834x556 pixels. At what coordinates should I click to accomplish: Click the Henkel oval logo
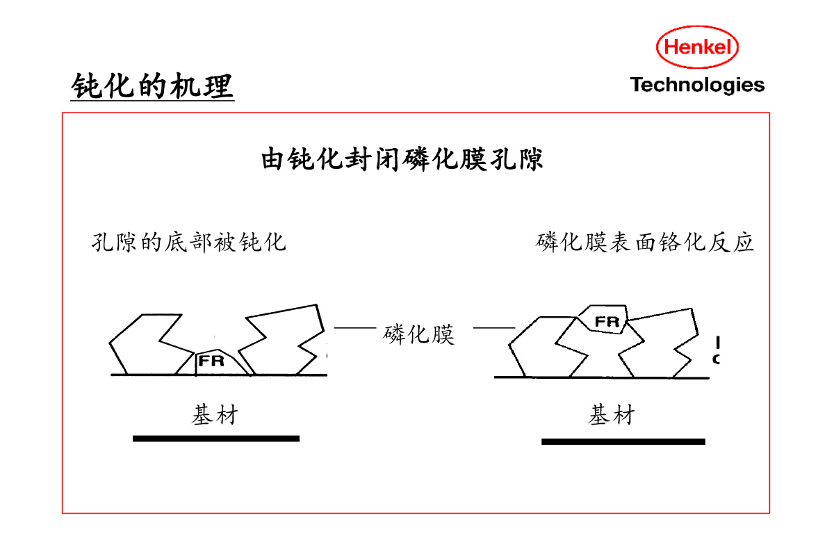click(697, 47)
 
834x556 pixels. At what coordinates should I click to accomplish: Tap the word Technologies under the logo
click(697, 85)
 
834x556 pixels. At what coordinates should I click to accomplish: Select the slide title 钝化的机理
click(152, 86)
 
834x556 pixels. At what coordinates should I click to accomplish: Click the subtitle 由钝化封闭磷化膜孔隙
click(402, 159)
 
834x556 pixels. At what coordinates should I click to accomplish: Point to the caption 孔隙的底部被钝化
click(188, 243)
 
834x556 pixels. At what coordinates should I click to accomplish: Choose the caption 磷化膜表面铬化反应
click(645, 243)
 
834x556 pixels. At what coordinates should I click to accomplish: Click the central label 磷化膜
click(418, 334)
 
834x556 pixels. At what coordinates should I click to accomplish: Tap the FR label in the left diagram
click(211, 361)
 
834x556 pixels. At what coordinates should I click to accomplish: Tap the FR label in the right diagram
click(607, 322)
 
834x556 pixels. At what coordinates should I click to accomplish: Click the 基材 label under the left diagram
click(215, 416)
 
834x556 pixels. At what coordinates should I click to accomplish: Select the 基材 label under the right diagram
click(612, 416)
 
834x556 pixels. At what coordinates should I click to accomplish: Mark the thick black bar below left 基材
click(215, 439)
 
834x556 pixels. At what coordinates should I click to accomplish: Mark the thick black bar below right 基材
click(623, 441)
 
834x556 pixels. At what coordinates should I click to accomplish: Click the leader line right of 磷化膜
click(493, 327)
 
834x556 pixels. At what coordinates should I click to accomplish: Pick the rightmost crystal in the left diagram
click(285, 341)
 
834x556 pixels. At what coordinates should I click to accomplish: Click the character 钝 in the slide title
click(85, 86)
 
